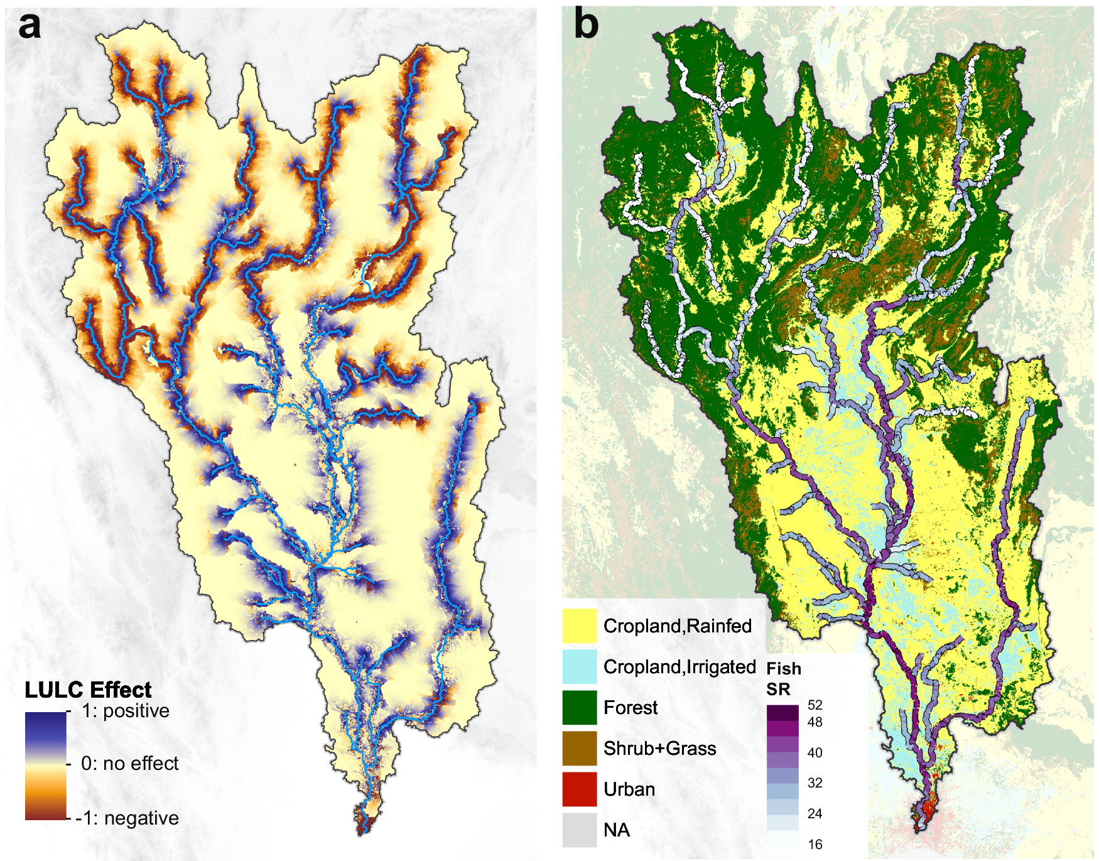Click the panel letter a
click(30, 27)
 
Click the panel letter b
click(585, 25)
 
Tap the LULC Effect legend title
click(88, 690)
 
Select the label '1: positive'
click(125, 711)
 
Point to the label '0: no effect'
click(129, 764)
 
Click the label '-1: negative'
click(127, 818)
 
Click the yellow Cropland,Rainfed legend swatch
click(579, 625)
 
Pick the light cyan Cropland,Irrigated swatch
click(579, 666)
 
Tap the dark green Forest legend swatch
click(579, 707)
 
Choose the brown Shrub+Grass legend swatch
click(579, 748)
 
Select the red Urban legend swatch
click(579, 789)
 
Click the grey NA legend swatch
click(579, 830)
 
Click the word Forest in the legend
click(630, 708)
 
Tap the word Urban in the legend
click(629, 789)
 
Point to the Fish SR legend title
click(783, 679)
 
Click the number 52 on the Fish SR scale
click(815, 705)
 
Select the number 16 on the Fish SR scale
click(815, 845)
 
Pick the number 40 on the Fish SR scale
click(815, 752)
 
